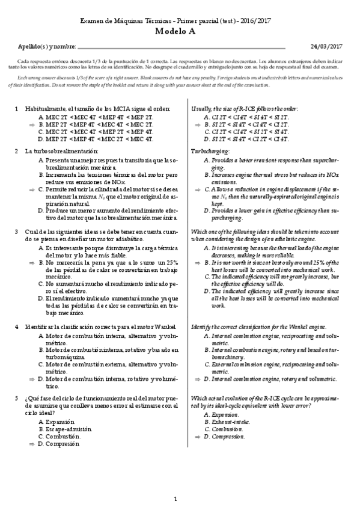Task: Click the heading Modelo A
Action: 180,33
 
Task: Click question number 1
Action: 16,108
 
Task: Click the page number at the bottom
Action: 175,498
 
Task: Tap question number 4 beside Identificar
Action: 16,326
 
